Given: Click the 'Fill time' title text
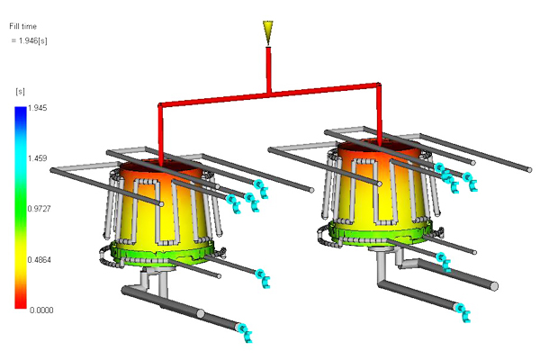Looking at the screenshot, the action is (22, 26).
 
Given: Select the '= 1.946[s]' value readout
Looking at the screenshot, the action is (30, 40).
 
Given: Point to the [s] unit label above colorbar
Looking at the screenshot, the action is (21, 91).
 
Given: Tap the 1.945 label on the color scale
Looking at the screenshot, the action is (37, 108).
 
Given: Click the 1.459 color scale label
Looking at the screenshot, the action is (37, 158).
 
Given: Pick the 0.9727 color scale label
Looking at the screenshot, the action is (40, 209).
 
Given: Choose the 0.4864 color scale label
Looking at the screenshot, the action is (40, 260).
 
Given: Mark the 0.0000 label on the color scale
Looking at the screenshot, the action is (41, 310).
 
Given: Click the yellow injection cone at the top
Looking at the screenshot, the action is (268, 32).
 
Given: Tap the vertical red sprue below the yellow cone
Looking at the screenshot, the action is (268, 69).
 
